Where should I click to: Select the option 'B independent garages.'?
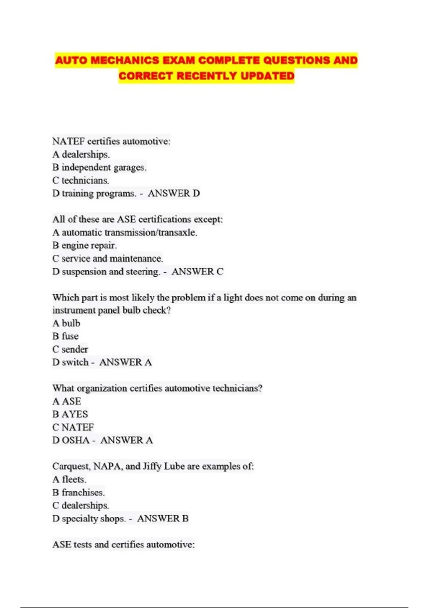(x=99, y=167)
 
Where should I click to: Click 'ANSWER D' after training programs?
(x=174, y=193)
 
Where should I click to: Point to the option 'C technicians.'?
(x=81, y=180)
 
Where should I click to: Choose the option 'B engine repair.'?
(x=85, y=245)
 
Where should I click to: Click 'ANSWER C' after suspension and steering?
(x=197, y=271)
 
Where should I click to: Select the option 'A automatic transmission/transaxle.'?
(x=125, y=232)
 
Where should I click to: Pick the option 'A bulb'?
(x=66, y=323)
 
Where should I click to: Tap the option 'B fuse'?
(x=65, y=336)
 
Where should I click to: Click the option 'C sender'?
(x=70, y=349)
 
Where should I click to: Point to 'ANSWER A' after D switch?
(x=125, y=362)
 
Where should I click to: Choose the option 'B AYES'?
(x=70, y=414)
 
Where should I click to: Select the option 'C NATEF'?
(x=73, y=427)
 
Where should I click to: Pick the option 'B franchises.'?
(x=79, y=492)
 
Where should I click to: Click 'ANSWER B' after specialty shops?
(x=163, y=519)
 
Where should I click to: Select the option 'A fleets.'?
(x=69, y=479)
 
